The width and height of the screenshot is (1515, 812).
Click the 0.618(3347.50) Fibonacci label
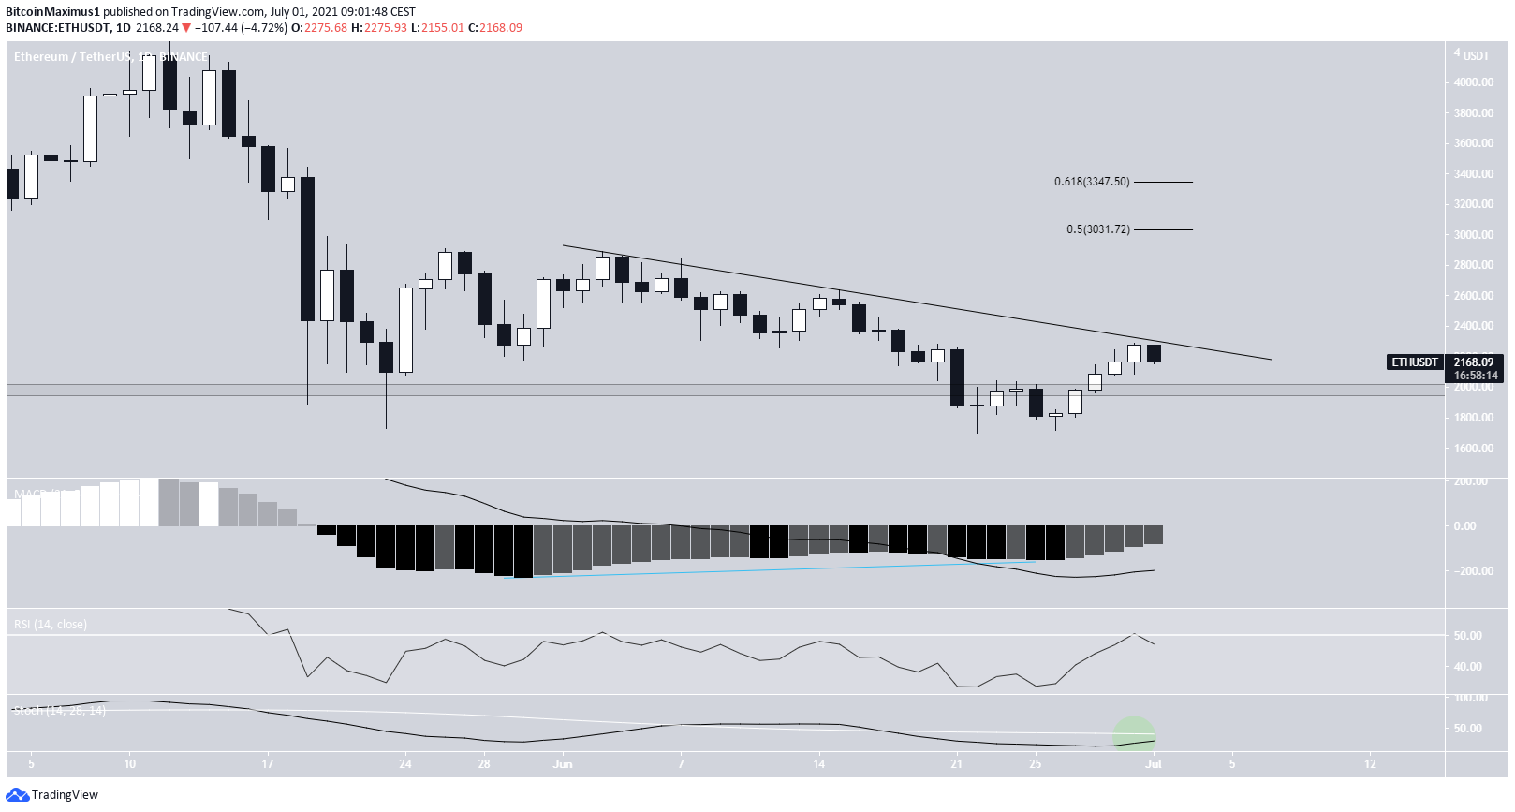1092,182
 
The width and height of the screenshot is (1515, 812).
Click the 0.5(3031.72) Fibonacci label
1098,229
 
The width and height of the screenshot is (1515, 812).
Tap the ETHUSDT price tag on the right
1415,362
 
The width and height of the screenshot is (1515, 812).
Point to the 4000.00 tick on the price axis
1473,82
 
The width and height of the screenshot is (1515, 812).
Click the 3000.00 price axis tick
1473,235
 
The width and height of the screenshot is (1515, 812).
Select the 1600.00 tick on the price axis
1473,449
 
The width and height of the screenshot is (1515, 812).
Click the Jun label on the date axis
563,764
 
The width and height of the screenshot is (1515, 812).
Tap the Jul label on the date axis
1154,764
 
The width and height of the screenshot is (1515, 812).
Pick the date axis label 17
268,764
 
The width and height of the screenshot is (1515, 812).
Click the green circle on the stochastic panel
1134,735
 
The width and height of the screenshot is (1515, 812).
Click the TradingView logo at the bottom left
52,795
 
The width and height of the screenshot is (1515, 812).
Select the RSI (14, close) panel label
51,625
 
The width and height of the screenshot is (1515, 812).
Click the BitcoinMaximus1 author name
52,12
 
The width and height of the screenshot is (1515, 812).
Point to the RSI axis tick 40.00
1467,667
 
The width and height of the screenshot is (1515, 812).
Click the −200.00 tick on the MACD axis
1471,571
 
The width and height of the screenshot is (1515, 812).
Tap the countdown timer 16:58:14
1476,376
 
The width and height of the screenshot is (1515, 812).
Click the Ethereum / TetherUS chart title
72,57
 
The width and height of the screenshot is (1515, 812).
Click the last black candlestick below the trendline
1154,353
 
